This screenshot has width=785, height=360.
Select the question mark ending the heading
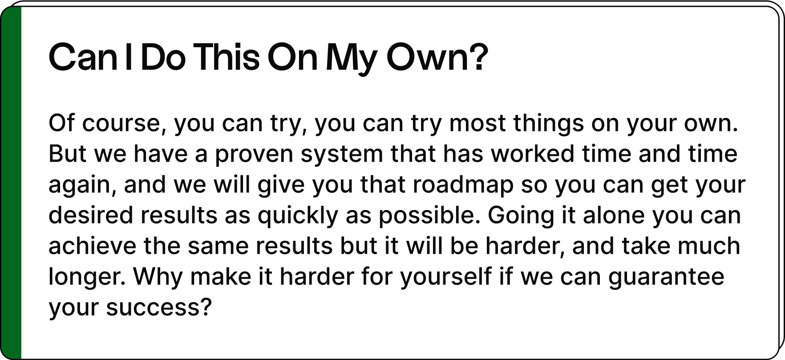coord(479,57)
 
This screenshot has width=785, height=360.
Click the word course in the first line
coord(121,123)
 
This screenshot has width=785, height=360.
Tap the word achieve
coord(93,246)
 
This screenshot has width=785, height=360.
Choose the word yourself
coord(446,277)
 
